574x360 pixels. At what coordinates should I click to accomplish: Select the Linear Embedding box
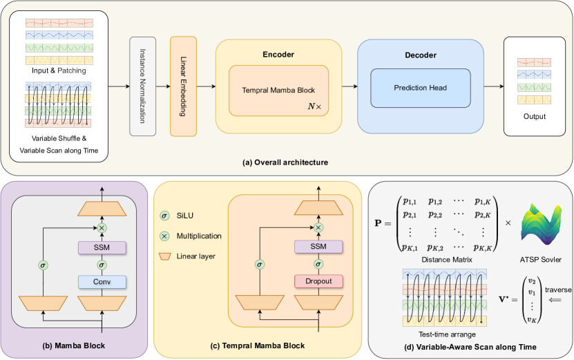(184, 86)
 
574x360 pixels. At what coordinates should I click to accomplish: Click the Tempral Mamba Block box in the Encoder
(278, 91)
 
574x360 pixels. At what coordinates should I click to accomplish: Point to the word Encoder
(278, 54)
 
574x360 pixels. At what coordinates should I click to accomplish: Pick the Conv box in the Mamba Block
(102, 281)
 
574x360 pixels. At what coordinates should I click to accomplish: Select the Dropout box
(318, 281)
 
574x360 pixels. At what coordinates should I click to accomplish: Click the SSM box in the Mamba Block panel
(102, 247)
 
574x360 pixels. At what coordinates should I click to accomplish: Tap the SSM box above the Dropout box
(318, 247)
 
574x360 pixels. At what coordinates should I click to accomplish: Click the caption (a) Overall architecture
(285, 162)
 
